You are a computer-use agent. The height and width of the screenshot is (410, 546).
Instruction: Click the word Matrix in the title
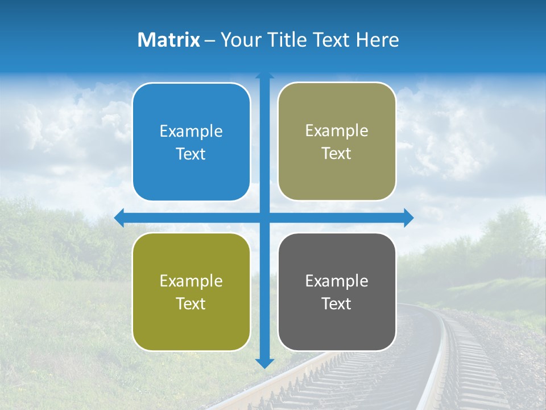pyautogui.click(x=169, y=40)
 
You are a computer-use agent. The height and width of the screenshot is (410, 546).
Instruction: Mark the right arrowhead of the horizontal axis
pyautogui.click(x=408, y=218)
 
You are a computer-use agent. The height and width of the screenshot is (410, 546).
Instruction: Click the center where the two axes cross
pyautogui.click(x=264, y=218)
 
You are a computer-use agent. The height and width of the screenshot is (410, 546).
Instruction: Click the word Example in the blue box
pyautogui.click(x=191, y=132)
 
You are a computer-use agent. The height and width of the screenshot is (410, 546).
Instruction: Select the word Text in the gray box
pyautogui.click(x=337, y=304)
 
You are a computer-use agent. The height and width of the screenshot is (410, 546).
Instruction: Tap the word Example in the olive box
pyautogui.click(x=191, y=281)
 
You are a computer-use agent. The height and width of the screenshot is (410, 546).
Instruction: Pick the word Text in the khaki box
pyautogui.click(x=337, y=154)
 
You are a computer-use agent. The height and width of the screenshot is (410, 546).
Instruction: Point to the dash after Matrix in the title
pyautogui.click(x=210, y=40)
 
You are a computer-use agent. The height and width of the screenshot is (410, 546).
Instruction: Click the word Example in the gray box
pyautogui.click(x=337, y=281)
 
